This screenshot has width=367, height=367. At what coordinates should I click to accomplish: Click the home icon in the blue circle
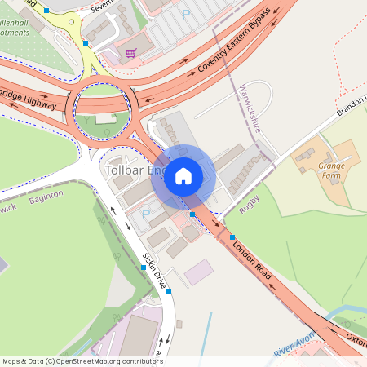183,175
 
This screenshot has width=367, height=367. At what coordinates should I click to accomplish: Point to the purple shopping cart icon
130,54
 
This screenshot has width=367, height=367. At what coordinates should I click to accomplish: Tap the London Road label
251,255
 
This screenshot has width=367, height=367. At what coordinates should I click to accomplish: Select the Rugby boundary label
250,206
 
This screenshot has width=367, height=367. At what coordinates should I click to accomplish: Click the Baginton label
46,198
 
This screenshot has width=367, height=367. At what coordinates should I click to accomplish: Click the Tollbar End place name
135,170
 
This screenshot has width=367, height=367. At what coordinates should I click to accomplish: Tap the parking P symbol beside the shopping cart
185,14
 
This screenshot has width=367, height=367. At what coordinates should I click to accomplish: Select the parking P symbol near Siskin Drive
146,214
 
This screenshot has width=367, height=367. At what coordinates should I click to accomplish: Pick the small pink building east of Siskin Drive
198,272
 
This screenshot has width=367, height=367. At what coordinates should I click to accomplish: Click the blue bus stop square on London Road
232,237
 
